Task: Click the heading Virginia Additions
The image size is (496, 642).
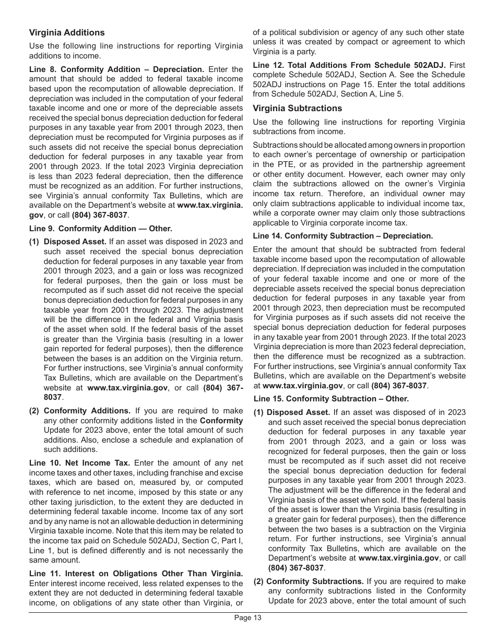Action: point(67,32)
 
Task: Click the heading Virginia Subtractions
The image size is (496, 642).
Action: point(298,108)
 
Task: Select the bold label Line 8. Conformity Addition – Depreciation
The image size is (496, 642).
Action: point(116,69)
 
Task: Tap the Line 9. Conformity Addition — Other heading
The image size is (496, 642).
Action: point(101,229)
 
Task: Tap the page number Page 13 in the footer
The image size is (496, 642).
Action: point(247,618)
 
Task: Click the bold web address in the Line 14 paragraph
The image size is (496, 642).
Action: point(303,386)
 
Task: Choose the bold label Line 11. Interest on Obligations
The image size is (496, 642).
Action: point(136,574)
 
